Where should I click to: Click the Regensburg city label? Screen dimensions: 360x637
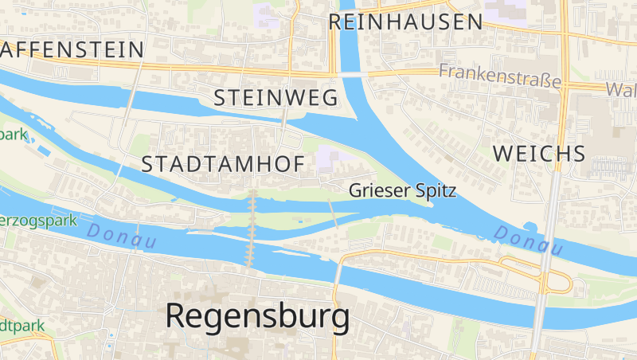257,316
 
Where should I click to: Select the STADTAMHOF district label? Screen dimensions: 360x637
223,165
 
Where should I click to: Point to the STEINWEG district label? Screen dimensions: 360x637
276,98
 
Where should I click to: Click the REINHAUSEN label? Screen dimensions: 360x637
406,22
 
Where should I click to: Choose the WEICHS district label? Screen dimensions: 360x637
540,154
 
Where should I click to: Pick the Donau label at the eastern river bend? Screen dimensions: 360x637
528,240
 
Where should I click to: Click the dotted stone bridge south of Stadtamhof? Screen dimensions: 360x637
252,227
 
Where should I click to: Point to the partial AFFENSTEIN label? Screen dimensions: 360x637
72,49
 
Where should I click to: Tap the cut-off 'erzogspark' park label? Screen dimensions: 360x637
37,219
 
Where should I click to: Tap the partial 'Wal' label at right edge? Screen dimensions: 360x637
621,88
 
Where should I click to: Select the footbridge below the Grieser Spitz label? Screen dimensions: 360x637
332,213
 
